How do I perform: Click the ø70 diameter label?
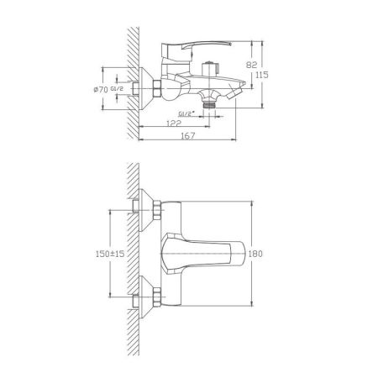click(116, 89)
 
